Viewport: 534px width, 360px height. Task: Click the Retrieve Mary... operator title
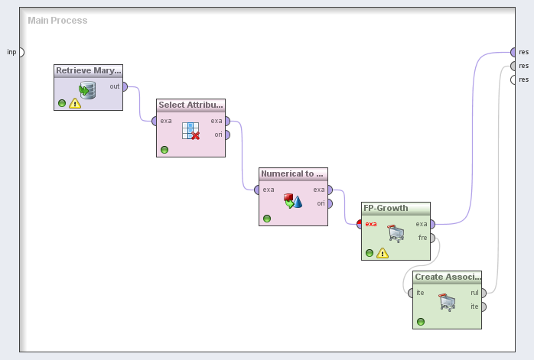[x=89, y=71]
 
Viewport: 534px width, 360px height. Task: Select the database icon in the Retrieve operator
[x=87, y=90]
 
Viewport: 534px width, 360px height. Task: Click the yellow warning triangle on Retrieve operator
[x=75, y=103]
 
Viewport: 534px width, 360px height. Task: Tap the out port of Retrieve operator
[x=125, y=87]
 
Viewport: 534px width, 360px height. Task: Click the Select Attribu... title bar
[x=190, y=105]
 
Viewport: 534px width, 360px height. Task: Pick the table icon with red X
[x=190, y=131]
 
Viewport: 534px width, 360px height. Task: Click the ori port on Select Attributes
[x=227, y=135]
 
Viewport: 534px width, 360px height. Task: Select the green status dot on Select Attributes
[x=164, y=150]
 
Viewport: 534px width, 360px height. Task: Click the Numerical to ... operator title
[x=292, y=174]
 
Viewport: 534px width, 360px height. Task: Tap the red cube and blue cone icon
[x=293, y=201]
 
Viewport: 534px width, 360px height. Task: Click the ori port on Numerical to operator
[x=330, y=203]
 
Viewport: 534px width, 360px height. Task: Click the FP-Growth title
[x=386, y=208]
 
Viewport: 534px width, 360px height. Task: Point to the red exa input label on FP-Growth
[x=371, y=224]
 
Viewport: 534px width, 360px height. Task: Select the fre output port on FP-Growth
[x=432, y=238]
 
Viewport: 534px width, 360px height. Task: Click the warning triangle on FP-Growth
[x=383, y=253]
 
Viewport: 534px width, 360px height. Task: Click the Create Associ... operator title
[x=448, y=277]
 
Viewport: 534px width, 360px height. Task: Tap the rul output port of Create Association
[x=484, y=293]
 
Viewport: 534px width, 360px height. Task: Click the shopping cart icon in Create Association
[x=447, y=303]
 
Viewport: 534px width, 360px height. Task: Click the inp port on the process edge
[x=21, y=53]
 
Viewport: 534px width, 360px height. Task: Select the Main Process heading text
[x=57, y=21]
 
